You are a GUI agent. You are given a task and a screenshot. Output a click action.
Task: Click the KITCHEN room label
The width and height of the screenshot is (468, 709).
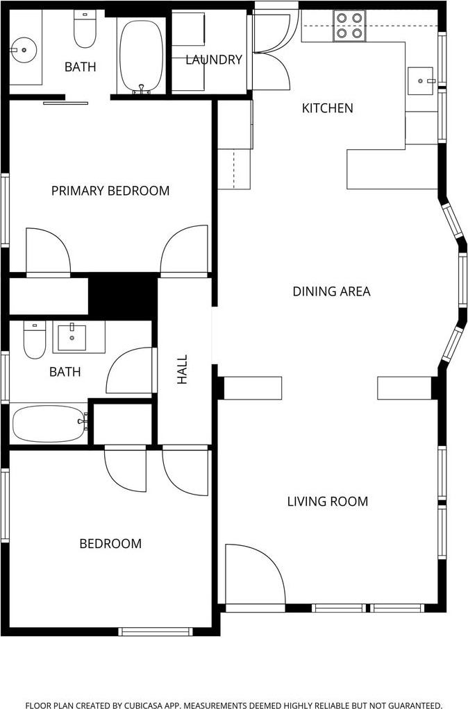pyautogui.click(x=327, y=108)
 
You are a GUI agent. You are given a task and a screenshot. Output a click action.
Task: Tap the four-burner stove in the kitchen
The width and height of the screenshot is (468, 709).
pyautogui.click(x=349, y=26)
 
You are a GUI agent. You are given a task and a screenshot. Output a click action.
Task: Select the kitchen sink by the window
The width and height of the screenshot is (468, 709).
pyautogui.click(x=421, y=81)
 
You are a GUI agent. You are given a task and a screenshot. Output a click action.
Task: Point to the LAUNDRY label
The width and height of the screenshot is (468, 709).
pyautogui.click(x=214, y=60)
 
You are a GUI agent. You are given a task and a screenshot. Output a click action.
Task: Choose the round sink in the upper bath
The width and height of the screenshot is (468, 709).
pyautogui.click(x=23, y=50)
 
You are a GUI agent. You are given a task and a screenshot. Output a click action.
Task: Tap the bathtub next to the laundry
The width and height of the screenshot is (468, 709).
pyautogui.click(x=142, y=56)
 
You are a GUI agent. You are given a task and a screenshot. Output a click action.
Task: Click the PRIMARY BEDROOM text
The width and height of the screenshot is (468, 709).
pyautogui.click(x=110, y=191)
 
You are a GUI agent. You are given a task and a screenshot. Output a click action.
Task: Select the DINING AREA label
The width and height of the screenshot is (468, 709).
pyautogui.click(x=331, y=291)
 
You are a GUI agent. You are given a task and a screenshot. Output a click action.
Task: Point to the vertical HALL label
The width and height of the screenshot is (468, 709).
pyautogui.click(x=182, y=370)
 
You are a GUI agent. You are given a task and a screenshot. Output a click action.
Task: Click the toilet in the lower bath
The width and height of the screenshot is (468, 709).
pyautogui.click(x=35, y=339)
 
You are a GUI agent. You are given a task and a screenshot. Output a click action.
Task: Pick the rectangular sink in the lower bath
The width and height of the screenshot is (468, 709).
pyautogui.click(x=72, y=337)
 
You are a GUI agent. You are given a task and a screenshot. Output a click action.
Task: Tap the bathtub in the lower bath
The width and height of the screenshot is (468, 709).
pyautogui.click(x=50, y=424)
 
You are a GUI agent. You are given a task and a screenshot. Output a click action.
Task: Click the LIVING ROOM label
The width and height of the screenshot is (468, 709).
pyautogui.click(x=328, y=502)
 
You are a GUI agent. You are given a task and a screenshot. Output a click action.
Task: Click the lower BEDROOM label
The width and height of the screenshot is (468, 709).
pyautogui.click(x=110, y=543)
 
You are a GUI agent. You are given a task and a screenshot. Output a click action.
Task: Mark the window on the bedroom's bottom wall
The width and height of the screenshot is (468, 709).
pyautogui.click(x=156, y=631)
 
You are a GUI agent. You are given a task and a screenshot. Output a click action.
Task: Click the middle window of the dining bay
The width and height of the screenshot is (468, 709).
pyautogui.click(x=462, y=280)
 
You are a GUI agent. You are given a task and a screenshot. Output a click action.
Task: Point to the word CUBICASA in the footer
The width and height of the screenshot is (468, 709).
pyautogui.click(x=147, y=705)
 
